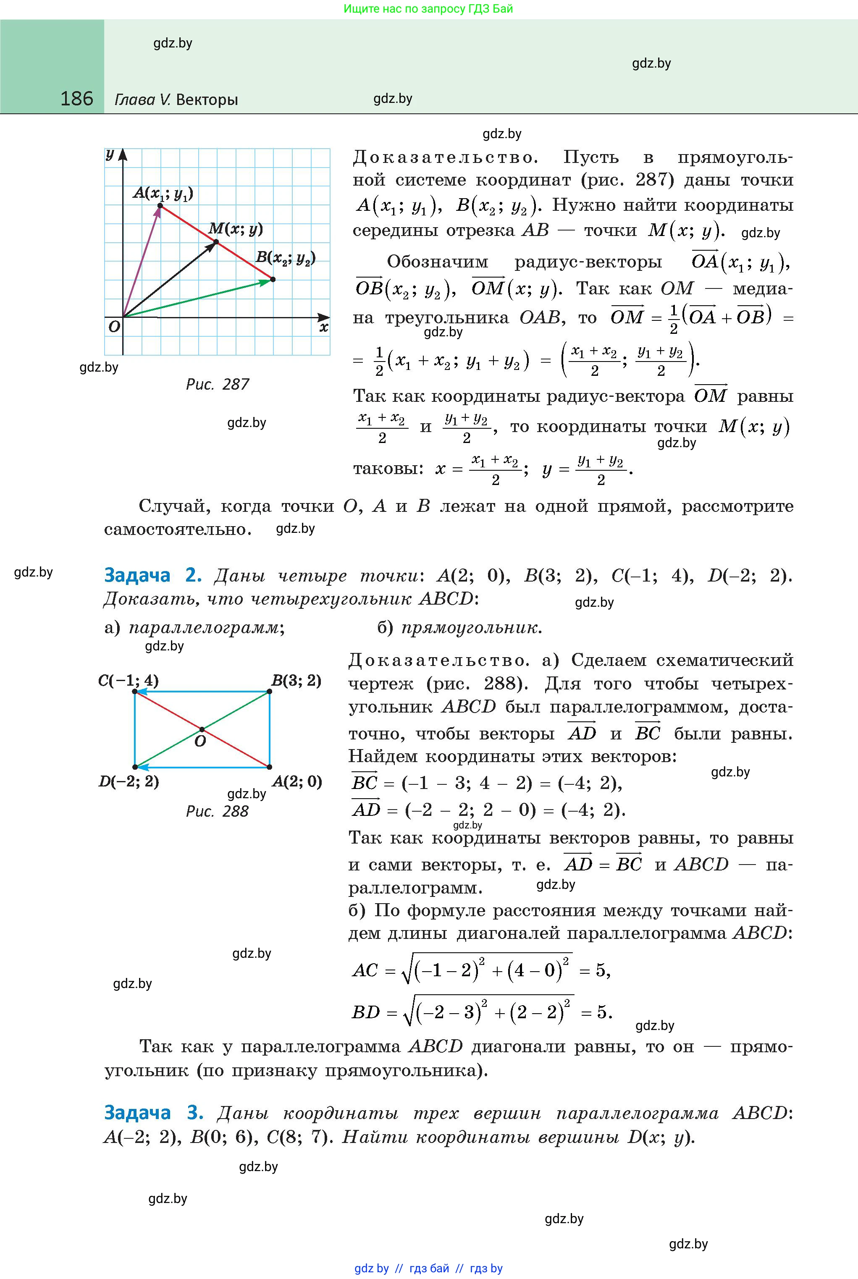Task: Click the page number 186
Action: (x=76, y=99)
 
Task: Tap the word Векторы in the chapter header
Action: (x=207, y=100)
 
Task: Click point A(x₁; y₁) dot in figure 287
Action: (x=160, y=206)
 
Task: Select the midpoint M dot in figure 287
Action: (x=215, y=242)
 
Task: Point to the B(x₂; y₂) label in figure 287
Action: (x=286, y=258)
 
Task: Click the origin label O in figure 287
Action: (x=114, y=327)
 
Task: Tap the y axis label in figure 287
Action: (x=110, y=155)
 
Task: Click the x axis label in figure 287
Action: (x=323, y=328)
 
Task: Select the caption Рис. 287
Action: (x=217, y=385)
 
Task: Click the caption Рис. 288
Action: (x=217, y=811)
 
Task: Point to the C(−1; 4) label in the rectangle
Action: (x=129, y=681)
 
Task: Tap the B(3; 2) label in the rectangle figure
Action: (x=296, y=681)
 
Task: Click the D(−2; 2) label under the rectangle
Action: (x=129, y=781)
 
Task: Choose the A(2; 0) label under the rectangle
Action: (x=296, y=781)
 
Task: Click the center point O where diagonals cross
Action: (x=202, y=729)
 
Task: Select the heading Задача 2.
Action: (x=153, y=576)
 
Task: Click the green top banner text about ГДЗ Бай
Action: (x=428, y=9)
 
